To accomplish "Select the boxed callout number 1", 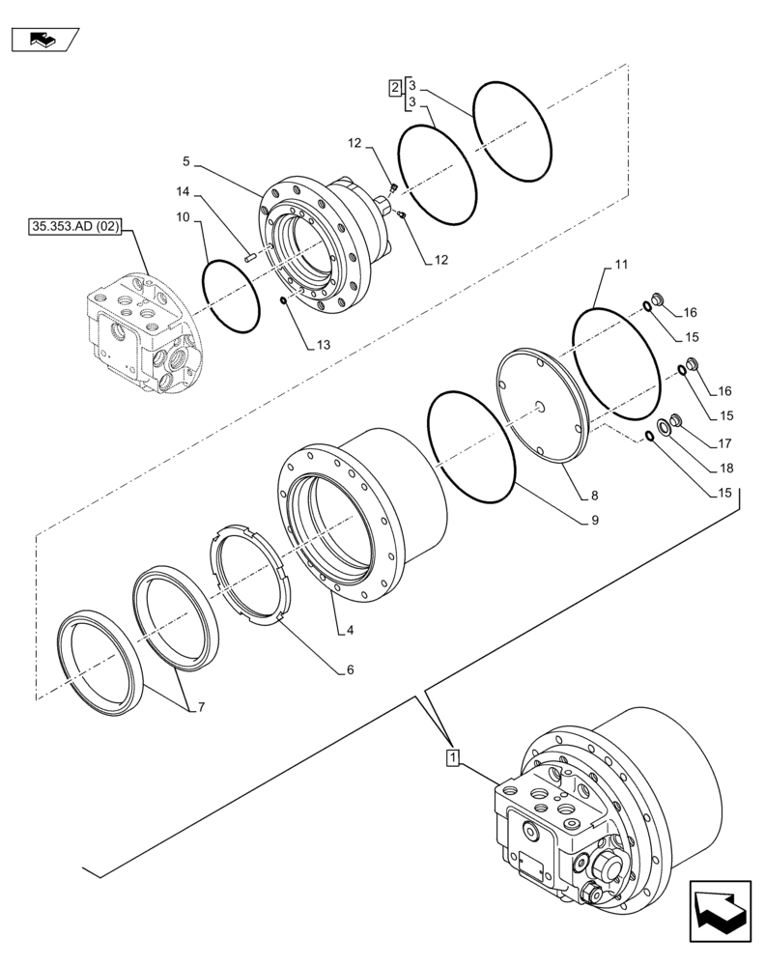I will (x=452, y=755).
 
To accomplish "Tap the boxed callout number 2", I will (x=395, y=88).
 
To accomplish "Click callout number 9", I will (x=595, y=520).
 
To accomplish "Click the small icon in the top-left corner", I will (x=42, y=40).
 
